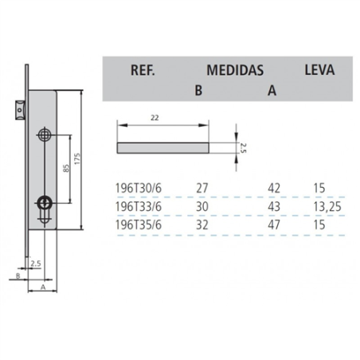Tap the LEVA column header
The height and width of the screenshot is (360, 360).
tap(319, 69)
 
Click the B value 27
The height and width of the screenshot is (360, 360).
tap(202, 190)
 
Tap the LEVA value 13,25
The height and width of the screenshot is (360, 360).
tap(322, 206)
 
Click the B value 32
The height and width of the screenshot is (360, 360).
tap(202, 224)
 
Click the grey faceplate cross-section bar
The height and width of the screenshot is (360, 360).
tap(163, 147)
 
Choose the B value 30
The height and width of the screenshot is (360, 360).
tap(202, 206)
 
